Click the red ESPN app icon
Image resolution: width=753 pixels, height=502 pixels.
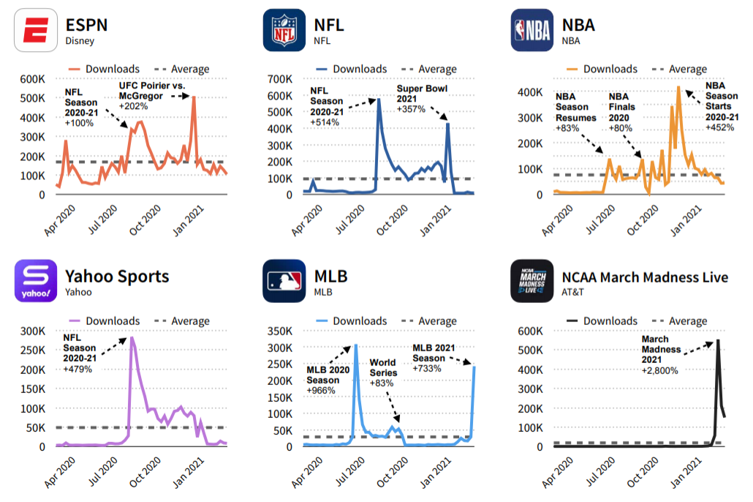[36, 30]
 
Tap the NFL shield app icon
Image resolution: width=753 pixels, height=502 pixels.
[284, 30]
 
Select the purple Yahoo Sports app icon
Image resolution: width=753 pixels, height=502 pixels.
[36, 281]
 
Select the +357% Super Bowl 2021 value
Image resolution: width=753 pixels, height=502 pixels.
[413, 109]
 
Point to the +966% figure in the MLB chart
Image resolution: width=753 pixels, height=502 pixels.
[321, 390]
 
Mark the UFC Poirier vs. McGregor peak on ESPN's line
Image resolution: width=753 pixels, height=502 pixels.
[194, 97]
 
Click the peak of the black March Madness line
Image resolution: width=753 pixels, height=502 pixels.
[718, 340]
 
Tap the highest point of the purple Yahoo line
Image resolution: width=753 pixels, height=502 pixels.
[132, 337]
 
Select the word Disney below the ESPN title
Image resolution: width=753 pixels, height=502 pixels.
[80, 41]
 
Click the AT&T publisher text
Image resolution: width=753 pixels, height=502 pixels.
[574, 292]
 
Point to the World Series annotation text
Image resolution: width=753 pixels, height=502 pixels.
[382, 367]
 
